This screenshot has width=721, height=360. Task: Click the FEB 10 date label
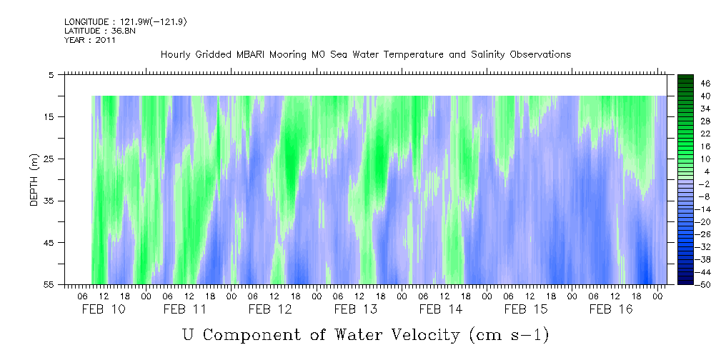[x=103, y=309]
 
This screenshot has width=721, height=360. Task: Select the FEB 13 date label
[x=355, y=309]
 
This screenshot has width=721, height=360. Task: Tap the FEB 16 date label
[x=609, y=309]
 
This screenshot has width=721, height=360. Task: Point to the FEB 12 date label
[x=270, y=309]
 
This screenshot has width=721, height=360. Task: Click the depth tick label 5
[x=51, y=74]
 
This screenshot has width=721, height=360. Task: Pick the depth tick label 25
[x=50, y=159]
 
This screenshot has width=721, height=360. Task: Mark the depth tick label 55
[x=50, y=285]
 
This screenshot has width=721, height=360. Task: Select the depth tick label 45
[x=50, y=243]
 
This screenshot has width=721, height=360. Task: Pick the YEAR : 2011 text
[x=90, y=40]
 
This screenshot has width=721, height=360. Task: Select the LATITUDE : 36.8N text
[x=97, y=31]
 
